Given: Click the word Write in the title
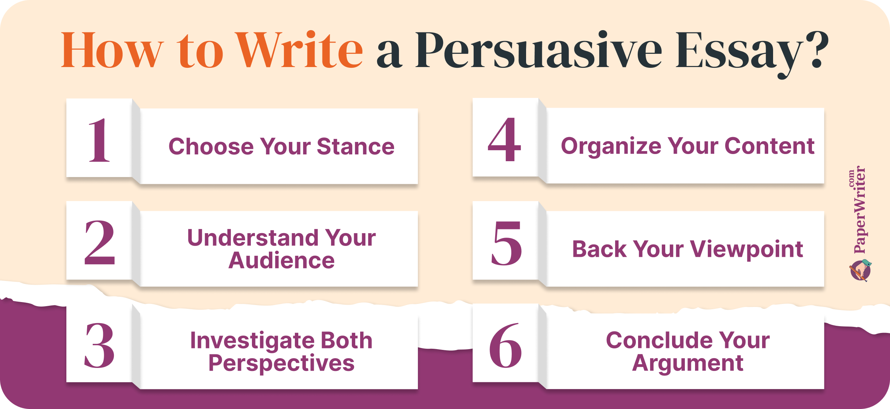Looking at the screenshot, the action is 299,50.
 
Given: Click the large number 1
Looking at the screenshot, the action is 100,140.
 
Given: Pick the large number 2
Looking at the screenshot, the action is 100,243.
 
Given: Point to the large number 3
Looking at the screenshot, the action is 99,345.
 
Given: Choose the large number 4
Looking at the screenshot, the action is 505,139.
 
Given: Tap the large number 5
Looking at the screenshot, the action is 506,243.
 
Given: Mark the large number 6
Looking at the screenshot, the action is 506,345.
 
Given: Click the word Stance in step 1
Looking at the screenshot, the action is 356,146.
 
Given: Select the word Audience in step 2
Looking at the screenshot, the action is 282,260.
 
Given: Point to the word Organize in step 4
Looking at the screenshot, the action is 611,147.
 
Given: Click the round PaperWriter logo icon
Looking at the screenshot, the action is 861,270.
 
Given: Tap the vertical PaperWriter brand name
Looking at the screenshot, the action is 859,210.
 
